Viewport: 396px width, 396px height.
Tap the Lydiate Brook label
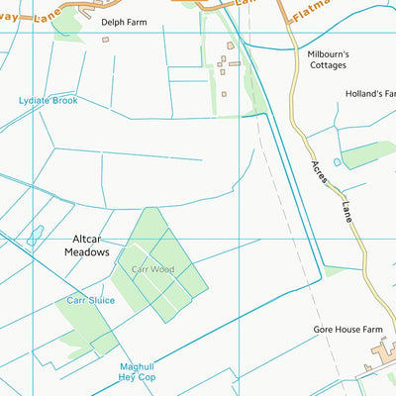(48, 101)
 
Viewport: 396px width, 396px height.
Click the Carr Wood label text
(152, 268)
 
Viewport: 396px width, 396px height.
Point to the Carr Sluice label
(91, 300)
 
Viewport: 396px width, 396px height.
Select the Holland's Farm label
(370, 94)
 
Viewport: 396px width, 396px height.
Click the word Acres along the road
(320, 174)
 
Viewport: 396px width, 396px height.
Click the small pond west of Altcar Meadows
(36, 236)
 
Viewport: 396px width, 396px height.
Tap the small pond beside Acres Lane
(338, 161)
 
